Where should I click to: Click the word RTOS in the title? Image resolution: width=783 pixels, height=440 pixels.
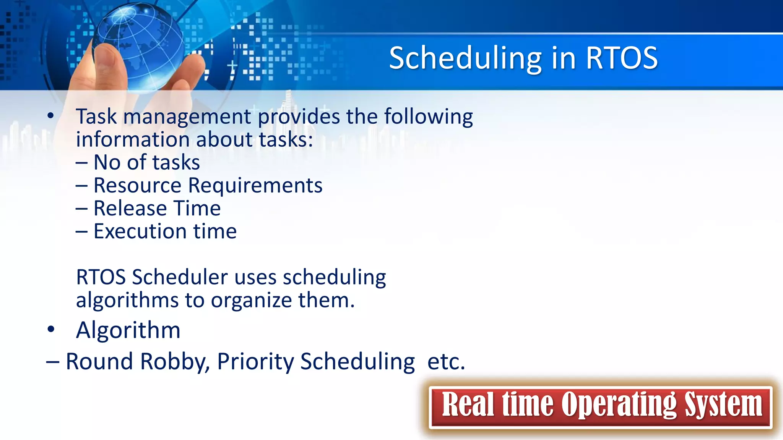pyautogui.click(x=621, y=58)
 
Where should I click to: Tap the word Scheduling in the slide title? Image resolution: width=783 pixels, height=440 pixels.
pyautogui.click(x=465, y=58)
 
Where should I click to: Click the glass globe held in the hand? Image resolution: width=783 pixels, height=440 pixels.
pyautogui.click(x=140, y=44)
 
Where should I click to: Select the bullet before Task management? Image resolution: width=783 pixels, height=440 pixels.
pyautogui.click(x=50, y=116)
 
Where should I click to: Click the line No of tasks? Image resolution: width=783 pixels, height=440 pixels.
pyautogui.click(x=146, y=162)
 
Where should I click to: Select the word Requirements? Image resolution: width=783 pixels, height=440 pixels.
pyautogui.click(x=255, y=186)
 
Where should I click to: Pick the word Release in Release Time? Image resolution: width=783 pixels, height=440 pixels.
pyautogui.click(x=130, y=209)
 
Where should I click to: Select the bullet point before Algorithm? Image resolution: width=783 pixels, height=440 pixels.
pyautogui.click(x=50, y=329)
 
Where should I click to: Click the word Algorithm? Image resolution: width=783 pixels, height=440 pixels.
pyautogui.click(x=128, y=330)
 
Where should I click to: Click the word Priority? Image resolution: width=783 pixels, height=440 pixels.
pyautogui.click(x=255, y=361)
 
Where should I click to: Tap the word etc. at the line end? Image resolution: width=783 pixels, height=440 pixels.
pyautogui.click(x=446, y=361)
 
